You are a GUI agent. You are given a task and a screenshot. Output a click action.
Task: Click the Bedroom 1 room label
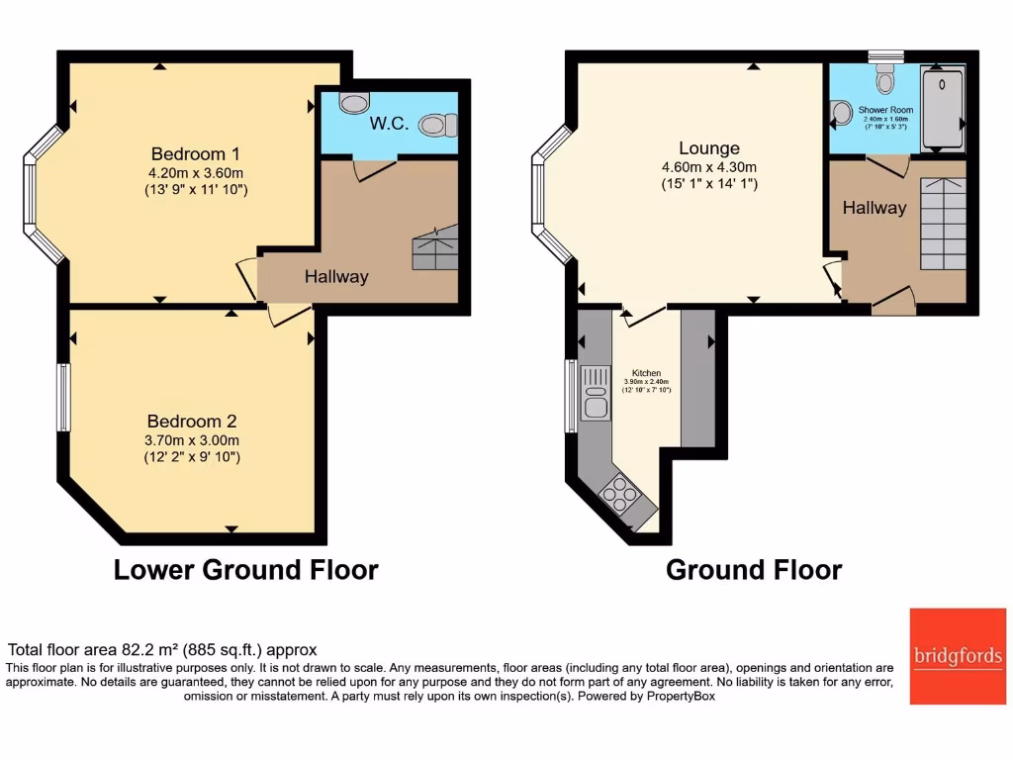pos(195,154)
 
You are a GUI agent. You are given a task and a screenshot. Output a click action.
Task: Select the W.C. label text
pos(383,125)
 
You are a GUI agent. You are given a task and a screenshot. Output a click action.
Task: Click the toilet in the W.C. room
pos(437,126)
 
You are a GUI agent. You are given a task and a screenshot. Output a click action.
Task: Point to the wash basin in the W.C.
pos(352,102)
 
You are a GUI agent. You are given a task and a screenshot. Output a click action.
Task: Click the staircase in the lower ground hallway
pos(435,247)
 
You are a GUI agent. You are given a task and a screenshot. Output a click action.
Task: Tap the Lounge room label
pos(709,148)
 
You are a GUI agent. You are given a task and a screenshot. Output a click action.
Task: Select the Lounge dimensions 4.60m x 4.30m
pos(709,167)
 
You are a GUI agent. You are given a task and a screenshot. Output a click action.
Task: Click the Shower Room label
pos(885,110)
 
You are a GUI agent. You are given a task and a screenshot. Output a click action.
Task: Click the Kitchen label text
pos(646,373)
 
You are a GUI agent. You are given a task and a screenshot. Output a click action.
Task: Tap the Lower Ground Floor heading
pos(245,570)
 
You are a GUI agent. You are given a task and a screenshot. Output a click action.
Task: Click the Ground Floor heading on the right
pos(754,570)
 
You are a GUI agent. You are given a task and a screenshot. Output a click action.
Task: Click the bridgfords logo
pos(957,655)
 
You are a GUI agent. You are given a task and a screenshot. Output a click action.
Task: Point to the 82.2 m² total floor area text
pos(162,650)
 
